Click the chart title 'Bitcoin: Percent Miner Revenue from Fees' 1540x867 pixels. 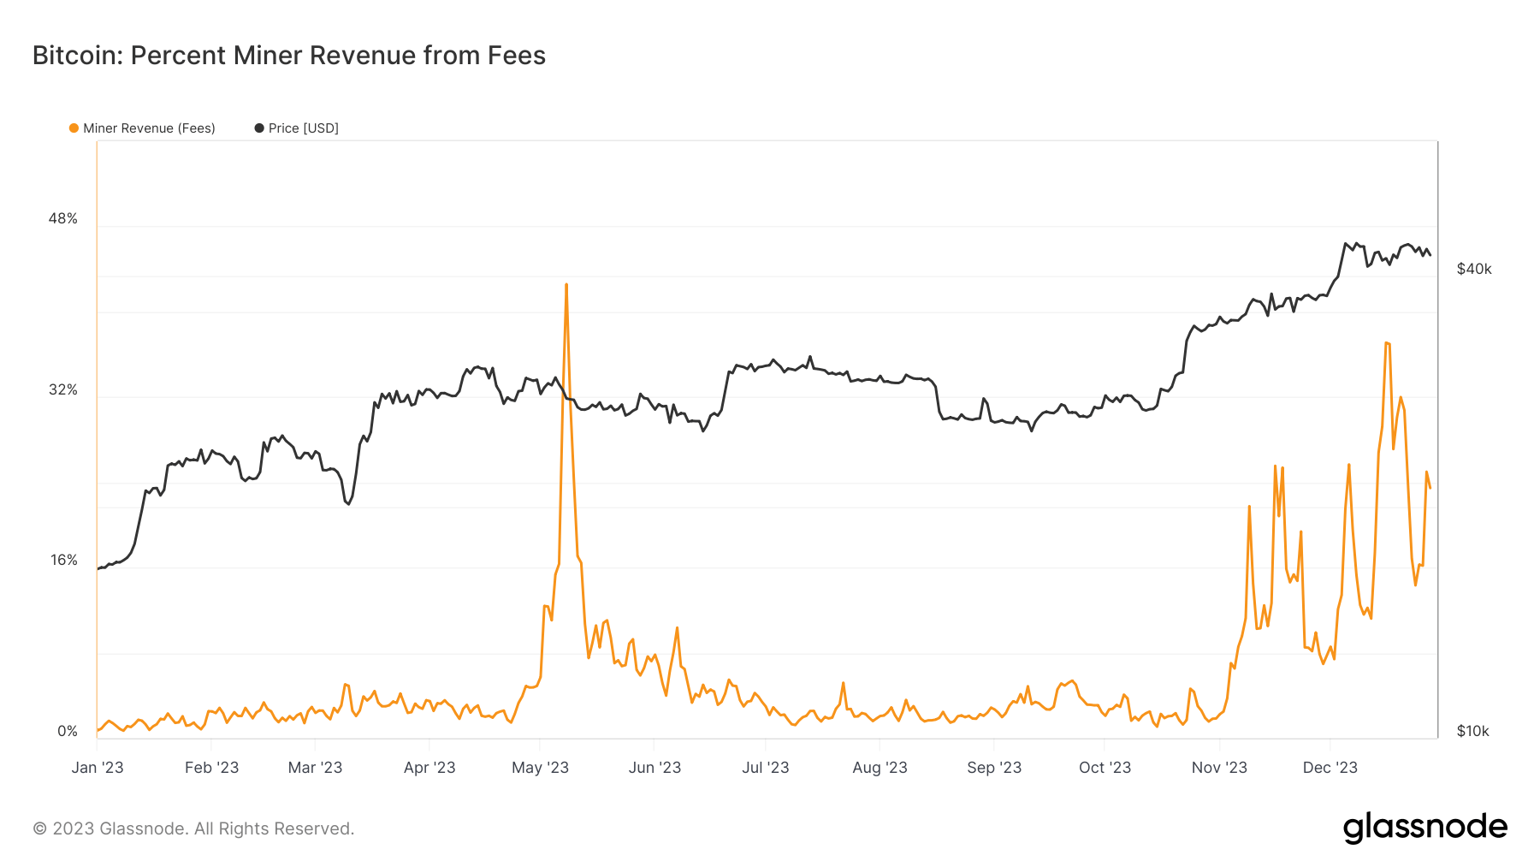click(x=288, y=56)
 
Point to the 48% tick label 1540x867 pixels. click(x=62, y=218)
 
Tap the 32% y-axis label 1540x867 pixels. click(x=62, y=389)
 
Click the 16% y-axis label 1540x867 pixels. click(x=63, y=560)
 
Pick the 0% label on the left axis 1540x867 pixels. click(x=67, y=731)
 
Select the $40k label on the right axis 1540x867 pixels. click(x=1473, y=269)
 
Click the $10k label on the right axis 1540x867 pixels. click(x=1472, y=731)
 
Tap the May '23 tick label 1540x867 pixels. click(x=540, y=768)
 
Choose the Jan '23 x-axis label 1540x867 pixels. click(x=98, y=768)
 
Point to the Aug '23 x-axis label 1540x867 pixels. click(x=880, y=768)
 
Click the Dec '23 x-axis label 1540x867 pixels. click(x=1330, y=768)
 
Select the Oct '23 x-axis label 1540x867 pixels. click(x=1105, y=768)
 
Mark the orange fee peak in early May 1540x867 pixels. click(x=566, y=285)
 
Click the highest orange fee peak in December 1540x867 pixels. click(x=1386, y=343)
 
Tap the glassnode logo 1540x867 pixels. click(x=1424, y=828)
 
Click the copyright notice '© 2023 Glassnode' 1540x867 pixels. click(x=193, y=828)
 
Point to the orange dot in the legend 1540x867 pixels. click(x=74, y=128)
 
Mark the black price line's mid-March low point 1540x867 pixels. click(x=348, y=503)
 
